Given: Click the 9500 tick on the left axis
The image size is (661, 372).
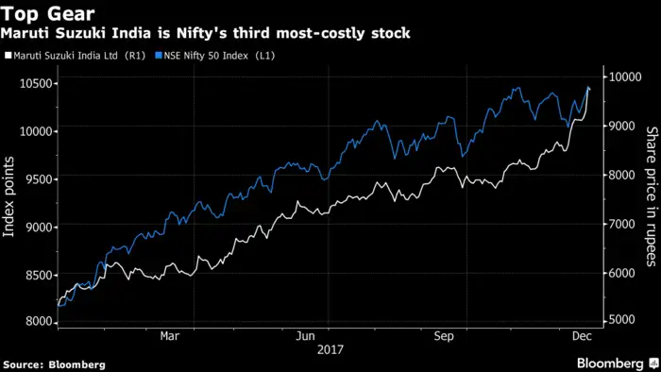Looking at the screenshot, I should pos(35,178).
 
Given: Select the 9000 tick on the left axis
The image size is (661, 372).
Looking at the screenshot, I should pos(35,227).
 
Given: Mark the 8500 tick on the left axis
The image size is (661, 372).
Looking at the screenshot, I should pos(35,274).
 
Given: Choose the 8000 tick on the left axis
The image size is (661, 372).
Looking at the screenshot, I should pos(35,321).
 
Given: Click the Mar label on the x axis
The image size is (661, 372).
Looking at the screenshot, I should pos(170,336).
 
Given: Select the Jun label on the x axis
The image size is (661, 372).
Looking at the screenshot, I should pos(305,336).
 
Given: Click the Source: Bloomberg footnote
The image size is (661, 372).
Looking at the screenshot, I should pos(53,364).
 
